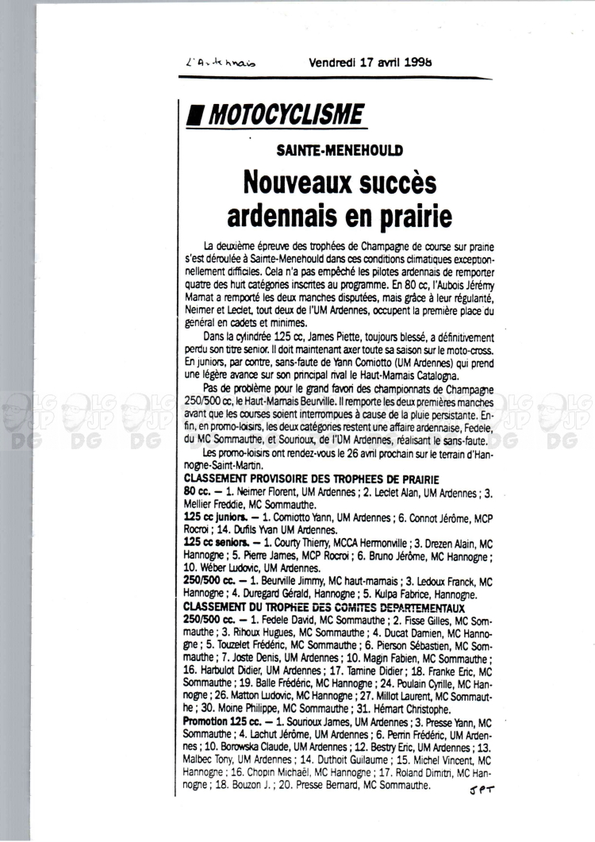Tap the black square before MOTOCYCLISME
tap(190, 116)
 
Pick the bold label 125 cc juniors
tap(209, 516)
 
